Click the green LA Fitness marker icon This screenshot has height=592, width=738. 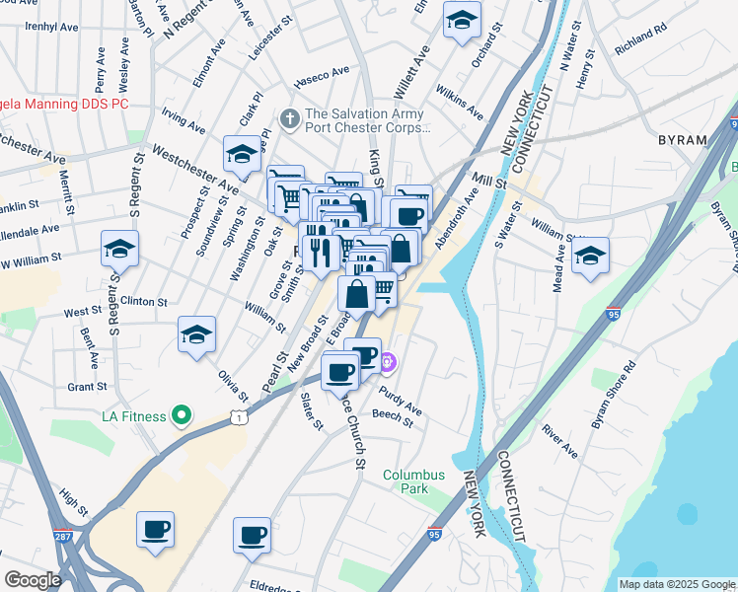[x=181, y=416]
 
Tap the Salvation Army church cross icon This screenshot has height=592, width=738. [x=290, y=118]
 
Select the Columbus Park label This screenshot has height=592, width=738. [x=414, y=481]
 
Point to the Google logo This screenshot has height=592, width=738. [x=33, y=580]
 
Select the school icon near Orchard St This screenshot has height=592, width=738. [x=461, y=21]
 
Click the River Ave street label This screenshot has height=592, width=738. [x=559, y=442]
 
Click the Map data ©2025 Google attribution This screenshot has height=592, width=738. [x=677, y=584]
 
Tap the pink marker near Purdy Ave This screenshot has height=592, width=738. [x=388, y=364]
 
